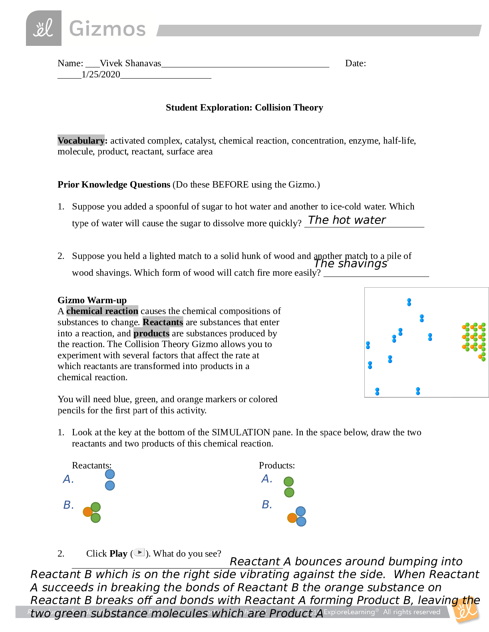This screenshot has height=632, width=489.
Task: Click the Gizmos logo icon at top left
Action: point(44,28)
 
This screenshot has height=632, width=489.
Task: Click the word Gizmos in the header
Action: point(107,29)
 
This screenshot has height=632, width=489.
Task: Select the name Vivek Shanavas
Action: point(130,63)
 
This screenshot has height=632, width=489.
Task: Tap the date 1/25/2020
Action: point(101,75)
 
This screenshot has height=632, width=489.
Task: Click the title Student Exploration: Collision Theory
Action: point(244,108)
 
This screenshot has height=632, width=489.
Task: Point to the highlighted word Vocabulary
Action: point(81,140)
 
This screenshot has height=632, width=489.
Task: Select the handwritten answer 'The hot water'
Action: point(347,220)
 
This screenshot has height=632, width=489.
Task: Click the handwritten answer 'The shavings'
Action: point(350,264)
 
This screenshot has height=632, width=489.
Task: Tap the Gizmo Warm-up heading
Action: point(92,300)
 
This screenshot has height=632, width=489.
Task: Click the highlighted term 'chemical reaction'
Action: point(102,311)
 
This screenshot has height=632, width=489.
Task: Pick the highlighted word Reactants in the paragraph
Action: point(163,322)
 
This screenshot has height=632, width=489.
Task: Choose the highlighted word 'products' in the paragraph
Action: point(151,333)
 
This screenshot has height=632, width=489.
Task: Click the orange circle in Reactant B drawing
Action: point(87,512)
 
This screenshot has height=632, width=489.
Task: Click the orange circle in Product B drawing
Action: point(292,518)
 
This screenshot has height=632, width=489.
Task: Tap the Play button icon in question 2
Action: point(139,552)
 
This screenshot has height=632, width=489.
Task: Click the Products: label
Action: point(277,466)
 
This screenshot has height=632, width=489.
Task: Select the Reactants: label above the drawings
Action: point(91,466)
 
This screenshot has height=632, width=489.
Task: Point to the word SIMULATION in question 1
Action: point(241,433)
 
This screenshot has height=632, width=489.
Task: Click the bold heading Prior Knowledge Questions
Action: point(114,185)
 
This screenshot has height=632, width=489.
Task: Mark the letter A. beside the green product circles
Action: point(267,479)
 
